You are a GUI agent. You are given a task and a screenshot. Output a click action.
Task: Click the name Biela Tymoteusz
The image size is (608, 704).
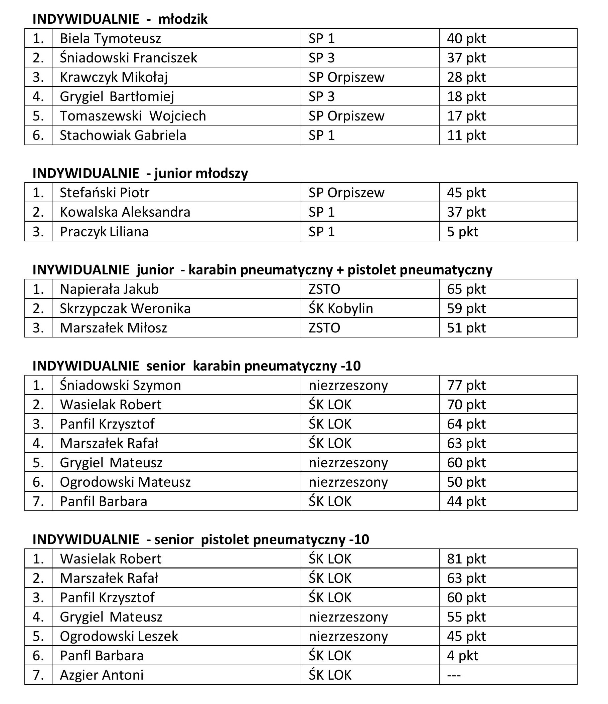[x=110, y=38]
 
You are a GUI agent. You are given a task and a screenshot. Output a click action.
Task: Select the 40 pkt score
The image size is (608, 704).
[x=466, y=38]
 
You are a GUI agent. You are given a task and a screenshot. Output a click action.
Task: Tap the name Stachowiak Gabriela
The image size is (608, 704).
[x=123, y=135]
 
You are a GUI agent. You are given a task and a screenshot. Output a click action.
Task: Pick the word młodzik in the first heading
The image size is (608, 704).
[x=183, y=19]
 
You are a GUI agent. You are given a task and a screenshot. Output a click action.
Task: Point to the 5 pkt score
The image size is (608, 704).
[x=462, y=232]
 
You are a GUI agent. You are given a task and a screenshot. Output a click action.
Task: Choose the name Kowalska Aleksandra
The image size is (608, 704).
[x=125, y=212]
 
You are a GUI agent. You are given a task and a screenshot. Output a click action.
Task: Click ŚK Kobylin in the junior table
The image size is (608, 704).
[x=341, y=308]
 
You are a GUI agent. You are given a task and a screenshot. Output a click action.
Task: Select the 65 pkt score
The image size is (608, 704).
[x=466, y=289]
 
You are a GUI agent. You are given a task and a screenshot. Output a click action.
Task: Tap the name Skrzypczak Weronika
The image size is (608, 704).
[x=125, y=308]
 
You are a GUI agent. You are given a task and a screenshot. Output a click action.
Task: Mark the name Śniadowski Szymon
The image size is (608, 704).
[x=120, y=385]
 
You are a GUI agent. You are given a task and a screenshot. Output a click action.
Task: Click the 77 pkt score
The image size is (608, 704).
[x=466, y=385]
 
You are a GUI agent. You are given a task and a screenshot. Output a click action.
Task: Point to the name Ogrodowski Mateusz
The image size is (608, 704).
[x=125, y=482]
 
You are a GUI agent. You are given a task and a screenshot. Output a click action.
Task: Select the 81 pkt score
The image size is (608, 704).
[x=466, y=559]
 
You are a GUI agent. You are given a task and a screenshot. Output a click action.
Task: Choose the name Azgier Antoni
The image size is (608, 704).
[x=102, y=675]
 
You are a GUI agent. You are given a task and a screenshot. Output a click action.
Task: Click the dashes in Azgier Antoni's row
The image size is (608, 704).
[x=454, y=675]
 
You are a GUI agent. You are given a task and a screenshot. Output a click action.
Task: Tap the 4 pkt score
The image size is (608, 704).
[x=462, y=656]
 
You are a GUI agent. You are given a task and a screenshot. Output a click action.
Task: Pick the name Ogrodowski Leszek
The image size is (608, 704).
[x=119, y=636]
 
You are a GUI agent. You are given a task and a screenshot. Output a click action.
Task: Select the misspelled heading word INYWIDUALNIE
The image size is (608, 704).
[x=81, y=270]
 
